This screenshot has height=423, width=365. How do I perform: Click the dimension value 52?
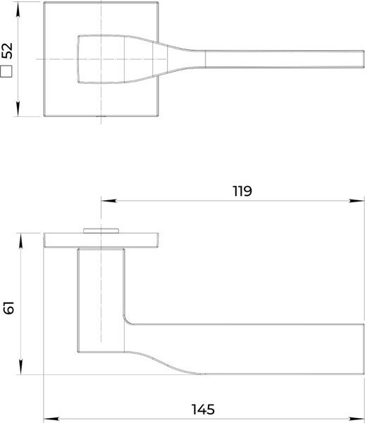pyautogui.click(x=8, y=51)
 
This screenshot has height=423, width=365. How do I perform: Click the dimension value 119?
pyautogui.click(x=242, y=191)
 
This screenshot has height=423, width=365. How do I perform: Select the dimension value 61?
pyautogui.click(x=8, y=307)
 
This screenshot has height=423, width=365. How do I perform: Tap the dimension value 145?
pyautogui.click(x=202, y=409)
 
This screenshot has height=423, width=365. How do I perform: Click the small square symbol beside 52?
pyautogui.click(x=8, y=70)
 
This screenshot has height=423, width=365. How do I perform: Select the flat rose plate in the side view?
pyautogui.click(x=100, y=241)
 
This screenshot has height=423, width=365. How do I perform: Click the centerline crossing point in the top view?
pyautogui.click(x=101, y=60)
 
